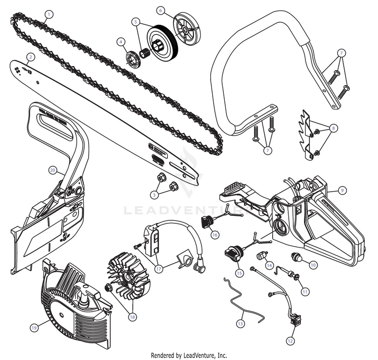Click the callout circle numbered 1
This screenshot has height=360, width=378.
[x=48, y=14]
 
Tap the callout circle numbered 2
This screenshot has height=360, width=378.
[x=31, y=57]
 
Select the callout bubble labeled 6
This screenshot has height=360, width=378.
[x=160, y=10]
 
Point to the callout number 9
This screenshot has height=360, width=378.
[x=342, y=191]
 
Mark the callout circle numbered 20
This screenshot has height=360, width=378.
[x=52, y=170]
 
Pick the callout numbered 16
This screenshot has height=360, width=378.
[x=215, y=234]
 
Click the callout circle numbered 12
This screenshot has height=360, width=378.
[x=290, y=341]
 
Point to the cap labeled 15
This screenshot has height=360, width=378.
[x=232, y=252]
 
